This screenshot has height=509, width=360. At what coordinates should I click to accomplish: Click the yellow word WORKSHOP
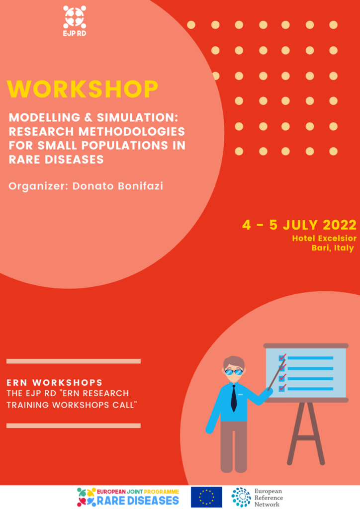(83, 88)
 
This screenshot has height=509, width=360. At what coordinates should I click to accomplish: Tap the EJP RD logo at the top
(75, 21)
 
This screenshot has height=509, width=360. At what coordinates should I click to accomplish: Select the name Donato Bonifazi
(117, 186)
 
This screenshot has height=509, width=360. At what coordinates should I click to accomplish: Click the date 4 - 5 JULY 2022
(299, 225)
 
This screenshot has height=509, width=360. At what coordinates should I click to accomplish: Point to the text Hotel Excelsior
(324, 238)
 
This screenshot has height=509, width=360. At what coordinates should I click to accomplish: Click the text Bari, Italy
(333, 248)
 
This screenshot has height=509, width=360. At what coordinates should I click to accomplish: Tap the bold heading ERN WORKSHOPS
(55, 382)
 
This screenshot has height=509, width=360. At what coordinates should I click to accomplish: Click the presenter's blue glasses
(233, 372)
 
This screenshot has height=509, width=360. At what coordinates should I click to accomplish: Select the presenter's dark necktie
(234, 398)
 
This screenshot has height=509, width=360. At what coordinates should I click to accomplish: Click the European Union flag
(206, 497)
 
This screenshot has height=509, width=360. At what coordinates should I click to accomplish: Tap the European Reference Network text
(269, 498)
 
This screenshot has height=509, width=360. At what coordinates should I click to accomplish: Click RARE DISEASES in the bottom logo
(138, 500)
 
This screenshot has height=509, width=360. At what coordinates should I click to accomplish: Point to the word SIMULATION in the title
(137, 117)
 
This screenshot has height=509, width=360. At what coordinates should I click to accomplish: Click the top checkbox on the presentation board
(282, 358)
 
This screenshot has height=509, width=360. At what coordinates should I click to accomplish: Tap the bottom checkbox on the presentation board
(282, 388)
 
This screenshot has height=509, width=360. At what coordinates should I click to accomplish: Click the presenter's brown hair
(234, 362)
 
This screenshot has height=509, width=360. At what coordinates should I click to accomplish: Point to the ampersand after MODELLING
(89, 117)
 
